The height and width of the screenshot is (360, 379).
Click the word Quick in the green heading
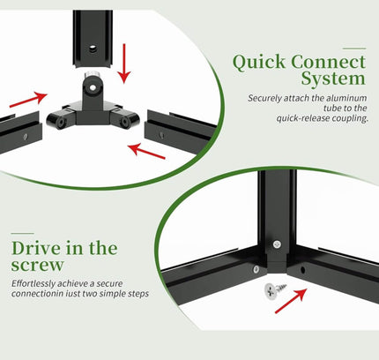[259, 63]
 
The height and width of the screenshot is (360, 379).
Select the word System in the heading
[333, 79]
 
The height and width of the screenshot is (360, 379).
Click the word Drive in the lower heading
[36, 248]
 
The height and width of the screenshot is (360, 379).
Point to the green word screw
[37, 265]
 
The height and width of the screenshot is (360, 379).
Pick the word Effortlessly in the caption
[33, 284]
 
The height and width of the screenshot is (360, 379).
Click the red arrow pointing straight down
[124, 64]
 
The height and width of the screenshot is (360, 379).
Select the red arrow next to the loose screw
[291, 301]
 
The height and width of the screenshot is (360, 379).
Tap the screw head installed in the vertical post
[277, 244]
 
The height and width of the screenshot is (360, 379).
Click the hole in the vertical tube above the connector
[93, 48]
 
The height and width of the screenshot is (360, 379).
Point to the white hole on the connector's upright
[93, 87]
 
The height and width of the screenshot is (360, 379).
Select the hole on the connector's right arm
[124, 122]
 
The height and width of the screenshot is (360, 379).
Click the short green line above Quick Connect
[354, 49]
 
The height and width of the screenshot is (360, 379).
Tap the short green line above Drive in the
[23, 233]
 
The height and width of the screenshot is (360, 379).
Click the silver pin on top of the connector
[92, 74]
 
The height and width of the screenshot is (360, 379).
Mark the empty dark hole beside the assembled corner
[302, 269]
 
